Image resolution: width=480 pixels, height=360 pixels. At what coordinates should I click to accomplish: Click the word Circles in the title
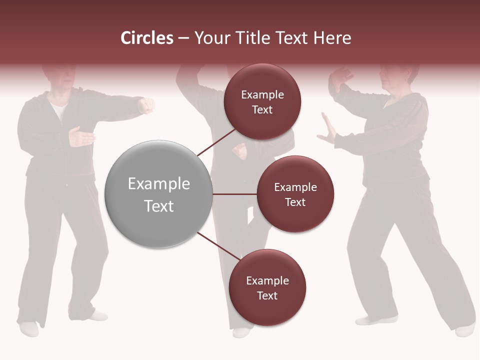pyautogui.click(x=146, y=38)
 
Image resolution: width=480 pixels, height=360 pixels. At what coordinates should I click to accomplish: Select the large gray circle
pyautogui.click(x=159, y=194)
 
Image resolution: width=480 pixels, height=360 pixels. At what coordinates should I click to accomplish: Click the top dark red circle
pyautogui.click(x=262, y=102)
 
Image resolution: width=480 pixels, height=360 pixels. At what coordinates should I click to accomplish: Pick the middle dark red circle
pyautogui.click(x=295, y=194)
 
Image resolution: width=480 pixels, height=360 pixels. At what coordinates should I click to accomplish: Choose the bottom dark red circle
pyautogui.click(x=267, y=288)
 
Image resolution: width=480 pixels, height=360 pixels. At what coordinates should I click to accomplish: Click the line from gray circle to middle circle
pyautogui.click(x=234, y=194)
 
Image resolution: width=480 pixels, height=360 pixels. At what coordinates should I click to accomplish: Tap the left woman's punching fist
pyautogui.click(x=146, y=105)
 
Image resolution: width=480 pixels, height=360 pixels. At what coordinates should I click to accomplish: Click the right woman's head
pyautogui.click(x=397, y=75)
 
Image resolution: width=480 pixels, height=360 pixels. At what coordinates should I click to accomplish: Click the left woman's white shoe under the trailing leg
pyautogui.click(x=29, y=328)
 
